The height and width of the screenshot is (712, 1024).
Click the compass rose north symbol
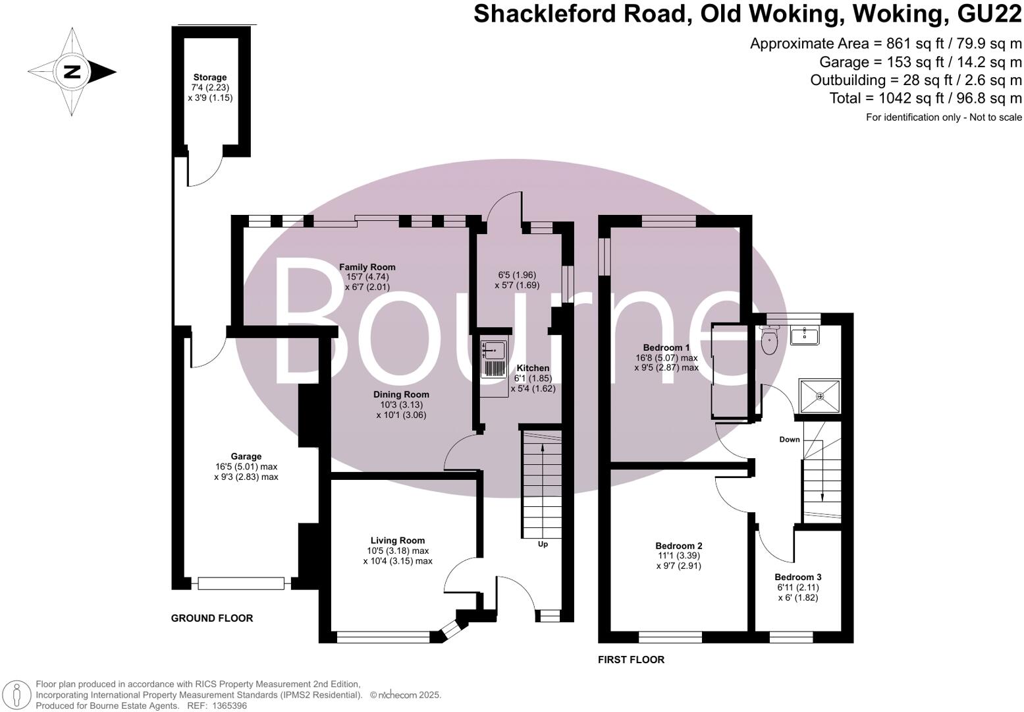[72, 72]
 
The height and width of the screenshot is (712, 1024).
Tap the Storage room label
[210, 78]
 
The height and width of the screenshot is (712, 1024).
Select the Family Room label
[367, 267]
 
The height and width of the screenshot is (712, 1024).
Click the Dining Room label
[401, 395]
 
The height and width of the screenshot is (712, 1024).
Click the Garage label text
[246, 456]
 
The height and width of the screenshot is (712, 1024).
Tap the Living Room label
[397, 541]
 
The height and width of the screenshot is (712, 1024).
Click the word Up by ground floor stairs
[543, 545]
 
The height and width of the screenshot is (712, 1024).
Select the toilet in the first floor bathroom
[768, 341]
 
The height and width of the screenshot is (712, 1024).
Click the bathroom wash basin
[804, 335]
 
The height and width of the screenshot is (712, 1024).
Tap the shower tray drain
[820, 396]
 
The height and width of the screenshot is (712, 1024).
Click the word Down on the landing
[790, 440]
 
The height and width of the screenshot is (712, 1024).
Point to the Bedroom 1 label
[666, 347]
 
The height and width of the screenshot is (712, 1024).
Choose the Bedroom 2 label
[678, 546]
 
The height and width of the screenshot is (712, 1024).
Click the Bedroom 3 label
[797, 577]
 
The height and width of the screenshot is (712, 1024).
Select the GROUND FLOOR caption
[212, 618]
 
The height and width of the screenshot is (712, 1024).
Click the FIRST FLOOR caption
[631, 660]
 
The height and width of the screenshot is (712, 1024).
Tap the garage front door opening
[241, 583]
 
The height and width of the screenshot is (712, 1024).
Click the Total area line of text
[925, 98]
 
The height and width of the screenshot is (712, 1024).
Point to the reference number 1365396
[228, 705]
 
